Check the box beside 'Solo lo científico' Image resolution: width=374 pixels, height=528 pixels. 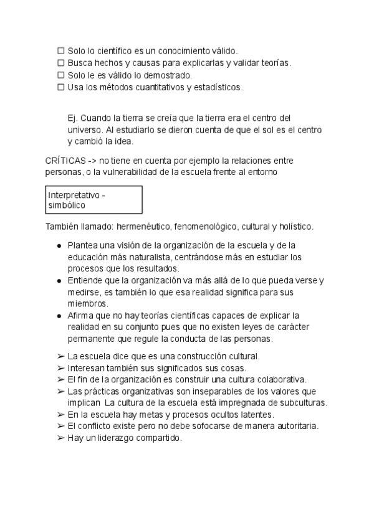coord(61,51)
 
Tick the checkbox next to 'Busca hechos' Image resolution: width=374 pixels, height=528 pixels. coord(61,63)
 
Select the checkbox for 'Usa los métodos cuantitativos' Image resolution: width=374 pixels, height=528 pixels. coord(61,87)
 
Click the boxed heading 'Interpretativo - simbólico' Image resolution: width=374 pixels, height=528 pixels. coord(94,200)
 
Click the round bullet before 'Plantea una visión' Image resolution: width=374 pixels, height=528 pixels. coord(59,245)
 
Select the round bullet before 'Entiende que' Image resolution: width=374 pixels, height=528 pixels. coord(59,281)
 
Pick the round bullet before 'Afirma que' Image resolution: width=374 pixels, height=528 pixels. coord(59,316)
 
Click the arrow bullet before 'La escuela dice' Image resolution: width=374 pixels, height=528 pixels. coord(60,356)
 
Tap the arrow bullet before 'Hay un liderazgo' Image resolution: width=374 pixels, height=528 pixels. coord(60,438)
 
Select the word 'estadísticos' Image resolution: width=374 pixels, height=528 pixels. coord(219,87)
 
